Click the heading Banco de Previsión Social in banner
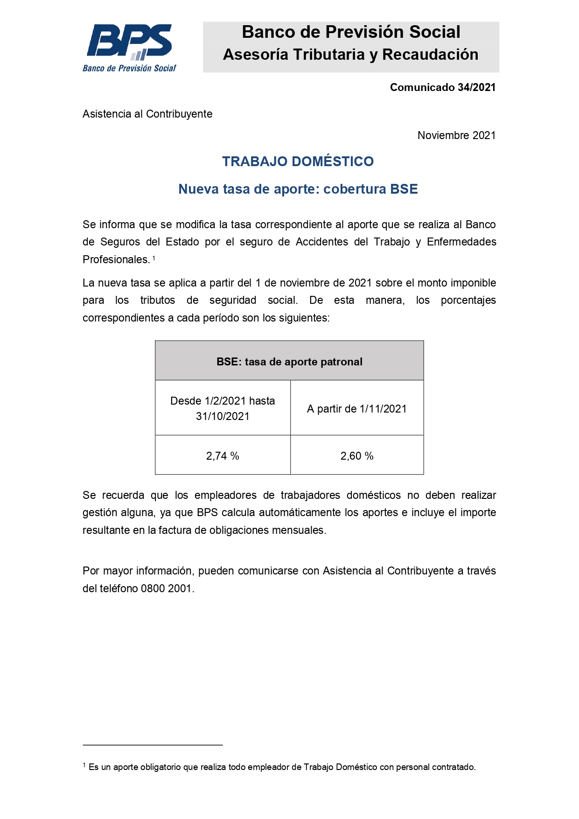coord(351,32)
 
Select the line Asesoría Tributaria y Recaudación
coord(351,55)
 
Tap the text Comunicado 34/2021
coord(442,87)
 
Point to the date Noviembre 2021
coord(456,135)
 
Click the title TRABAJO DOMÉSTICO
coord(298,161)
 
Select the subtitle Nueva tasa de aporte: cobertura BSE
coord(298,189)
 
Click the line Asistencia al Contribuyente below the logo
coord(147,114)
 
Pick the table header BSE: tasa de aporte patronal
coord(289,362)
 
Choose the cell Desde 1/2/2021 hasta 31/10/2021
coord(223,408)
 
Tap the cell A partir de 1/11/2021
coord(357,409)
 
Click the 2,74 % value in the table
coord(223,456)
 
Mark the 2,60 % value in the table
coord(357,456)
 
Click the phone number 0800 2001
coord(166,588)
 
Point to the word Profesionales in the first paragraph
coord(116,259)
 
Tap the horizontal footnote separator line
coord(153,745)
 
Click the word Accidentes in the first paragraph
coord(322,242)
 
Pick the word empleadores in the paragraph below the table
coord(225,495)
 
